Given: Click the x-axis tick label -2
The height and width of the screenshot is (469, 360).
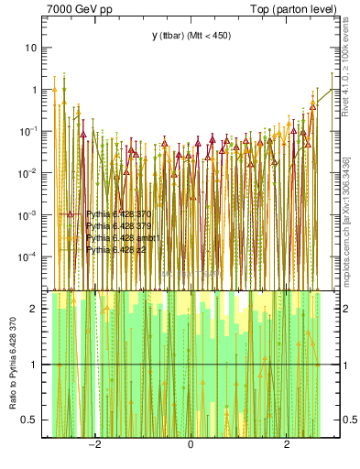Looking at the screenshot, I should point(93,445).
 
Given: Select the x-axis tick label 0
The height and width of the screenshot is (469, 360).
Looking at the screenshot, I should point(191,445).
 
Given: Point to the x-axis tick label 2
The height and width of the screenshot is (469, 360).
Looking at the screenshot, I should point(287,445).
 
